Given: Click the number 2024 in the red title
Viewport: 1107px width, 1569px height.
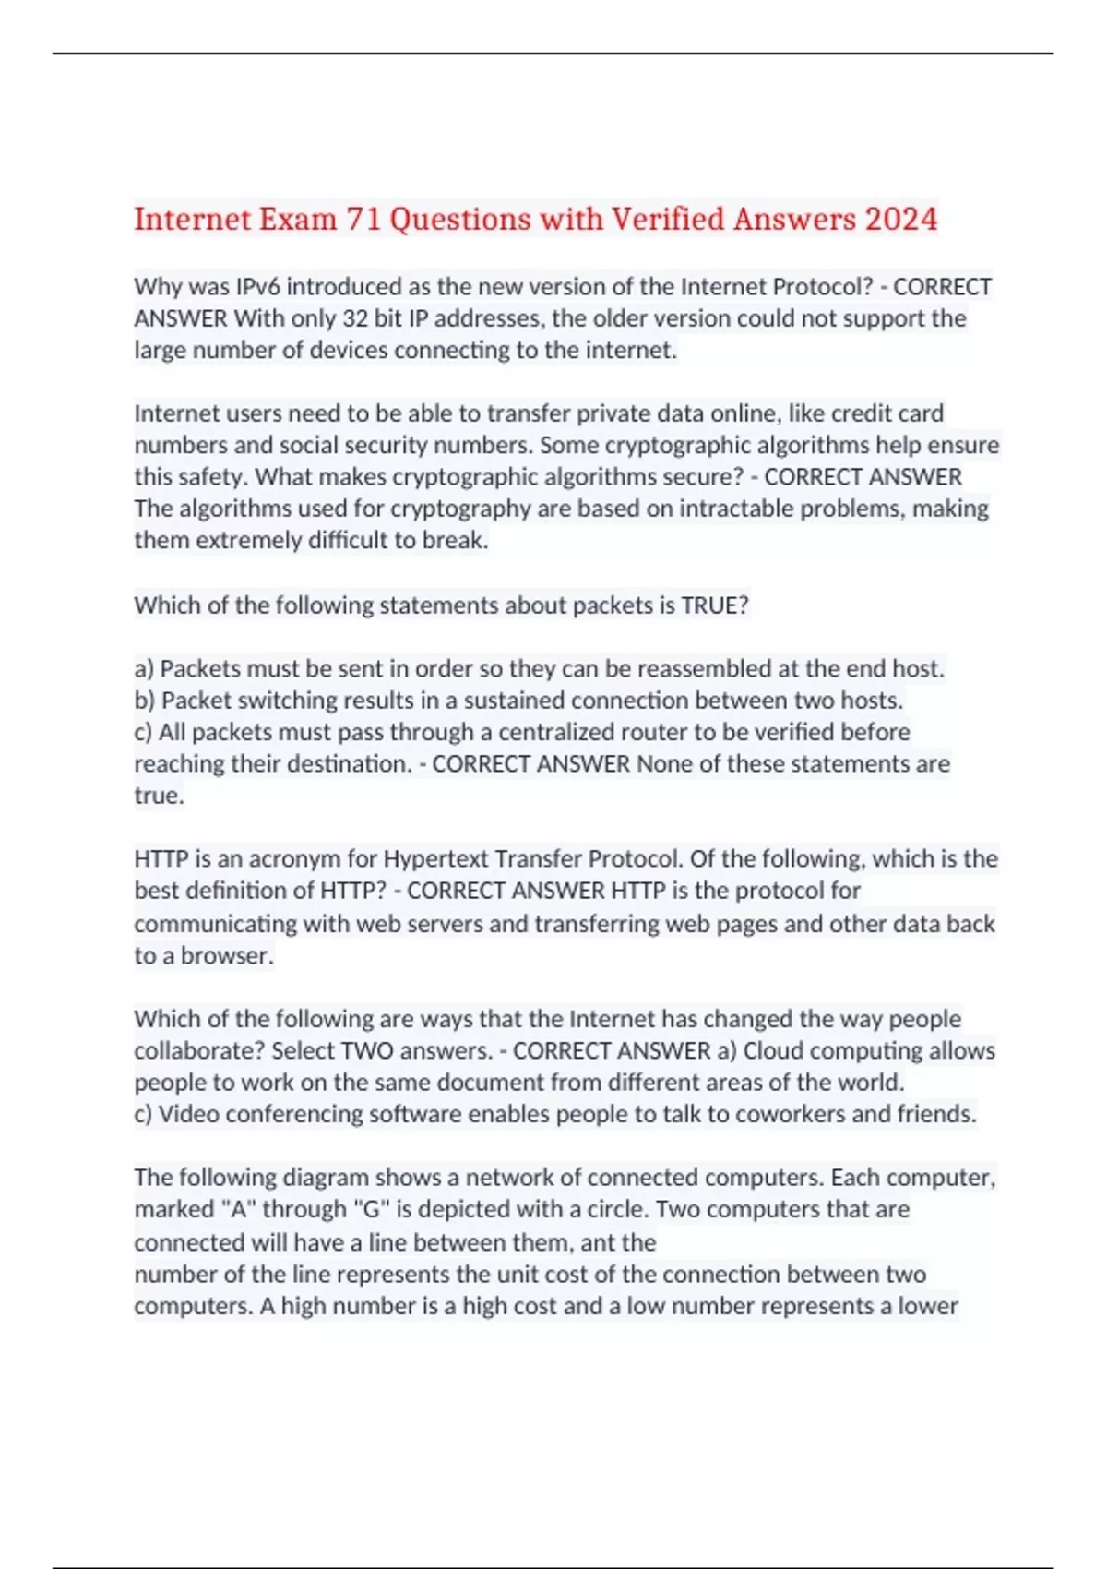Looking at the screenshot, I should coord(901,220).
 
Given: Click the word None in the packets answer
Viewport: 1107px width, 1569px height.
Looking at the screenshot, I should coord(664,764).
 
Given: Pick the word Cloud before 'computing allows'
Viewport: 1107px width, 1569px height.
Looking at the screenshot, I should coord(773,1051).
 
